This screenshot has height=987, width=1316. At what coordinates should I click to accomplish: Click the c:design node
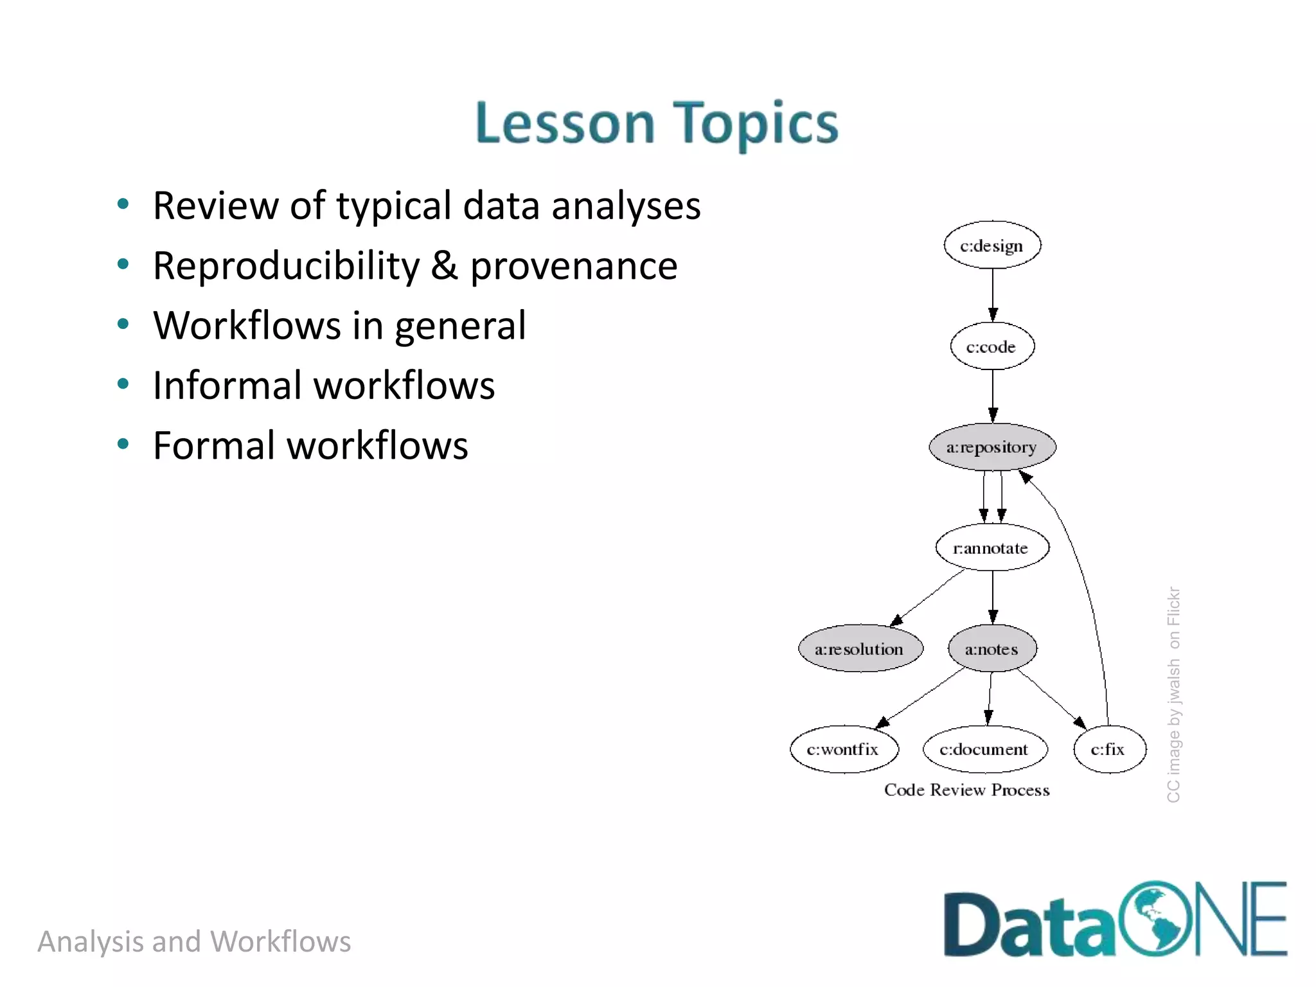(x=991, y=245)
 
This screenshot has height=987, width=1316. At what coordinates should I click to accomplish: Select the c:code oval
(x=991, y=346)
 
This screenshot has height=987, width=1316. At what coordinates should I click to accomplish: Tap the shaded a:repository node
(x=991, y=447)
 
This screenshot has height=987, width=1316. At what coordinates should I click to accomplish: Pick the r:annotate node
(x=991, y=547)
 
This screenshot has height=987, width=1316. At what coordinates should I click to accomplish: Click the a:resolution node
(x=860, y=648)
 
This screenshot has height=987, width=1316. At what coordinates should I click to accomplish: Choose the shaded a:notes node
(x=991, y=648)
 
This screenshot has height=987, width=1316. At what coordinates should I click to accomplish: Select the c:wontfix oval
(x=843, y=749)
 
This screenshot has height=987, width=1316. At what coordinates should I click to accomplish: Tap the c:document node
(x=984, y=749)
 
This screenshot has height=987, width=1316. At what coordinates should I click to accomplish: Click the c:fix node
(x=1108, y=749)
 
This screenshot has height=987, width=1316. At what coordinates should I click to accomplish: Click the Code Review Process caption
(x=966, y=790)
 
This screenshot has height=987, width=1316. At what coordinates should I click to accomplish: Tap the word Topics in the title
(x=756, y=123)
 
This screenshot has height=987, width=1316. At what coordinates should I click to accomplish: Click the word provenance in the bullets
(x=573, y=266)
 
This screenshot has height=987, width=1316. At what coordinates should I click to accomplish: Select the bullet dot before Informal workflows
(x=123, y=384)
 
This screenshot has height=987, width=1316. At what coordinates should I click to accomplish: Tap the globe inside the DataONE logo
(x=1155, y=919)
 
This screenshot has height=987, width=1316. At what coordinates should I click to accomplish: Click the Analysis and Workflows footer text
(x=194, y=941)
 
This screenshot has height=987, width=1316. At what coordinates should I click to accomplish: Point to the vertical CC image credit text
(x=1173, y=694)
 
